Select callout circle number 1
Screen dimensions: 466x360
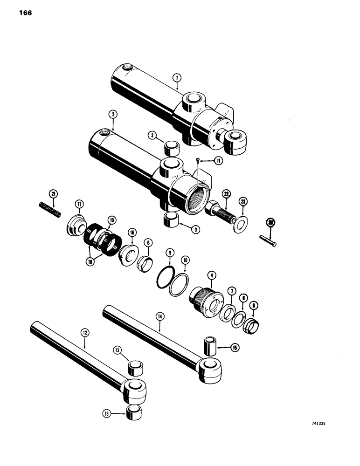tap(177, 77)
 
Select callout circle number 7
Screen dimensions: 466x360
tap(230, 291)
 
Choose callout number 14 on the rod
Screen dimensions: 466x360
tap(160, 316)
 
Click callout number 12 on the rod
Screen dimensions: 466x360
tap(85, 333)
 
